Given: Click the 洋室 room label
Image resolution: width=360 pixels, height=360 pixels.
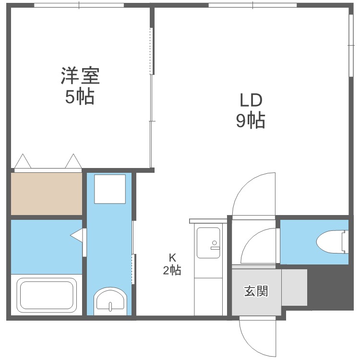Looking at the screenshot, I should [80, 76].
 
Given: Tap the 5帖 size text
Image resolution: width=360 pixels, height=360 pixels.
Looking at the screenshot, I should [80, 97].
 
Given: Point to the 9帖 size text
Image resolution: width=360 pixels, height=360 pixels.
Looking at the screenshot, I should [251, 121].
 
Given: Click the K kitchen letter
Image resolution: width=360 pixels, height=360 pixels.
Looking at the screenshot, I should [171, 256].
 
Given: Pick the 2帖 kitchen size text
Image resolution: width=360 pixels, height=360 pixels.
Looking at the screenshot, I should [171, 270].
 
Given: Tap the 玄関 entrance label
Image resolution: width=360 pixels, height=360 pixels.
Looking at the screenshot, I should [255, 291].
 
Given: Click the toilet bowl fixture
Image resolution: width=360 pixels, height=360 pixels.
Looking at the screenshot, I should [332, 241].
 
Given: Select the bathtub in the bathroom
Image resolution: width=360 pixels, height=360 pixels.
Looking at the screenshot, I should [47, 295].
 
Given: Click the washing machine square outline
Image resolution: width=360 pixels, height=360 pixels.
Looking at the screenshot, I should [110, 189].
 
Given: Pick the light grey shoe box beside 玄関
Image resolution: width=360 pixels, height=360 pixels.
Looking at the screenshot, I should [294, 288].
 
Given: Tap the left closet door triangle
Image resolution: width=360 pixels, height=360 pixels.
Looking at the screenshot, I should [23, 162].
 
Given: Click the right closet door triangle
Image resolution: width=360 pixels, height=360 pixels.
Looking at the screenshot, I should [73, 161].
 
